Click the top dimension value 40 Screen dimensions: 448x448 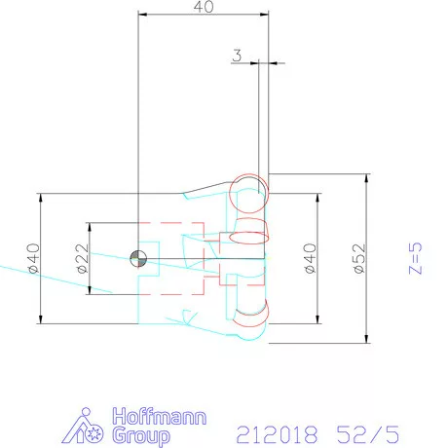pyautogui.click(x=204, y=8)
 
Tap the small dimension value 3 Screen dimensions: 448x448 pyautogui.click(x=237, y=56)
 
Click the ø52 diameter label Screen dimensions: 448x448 pyautogui.click(x=357, y=259)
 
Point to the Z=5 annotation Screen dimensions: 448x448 pyautogui.click(x=415, y=259)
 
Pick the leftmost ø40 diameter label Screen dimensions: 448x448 pyautogui.click(x=31, y=258)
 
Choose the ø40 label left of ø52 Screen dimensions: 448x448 pyautogui.click(x=309, y=259)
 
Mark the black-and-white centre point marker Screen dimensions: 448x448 pyautogui.click(x=137, y=257)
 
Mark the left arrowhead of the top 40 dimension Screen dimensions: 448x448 pyautogui.click(x=142, y=16)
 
